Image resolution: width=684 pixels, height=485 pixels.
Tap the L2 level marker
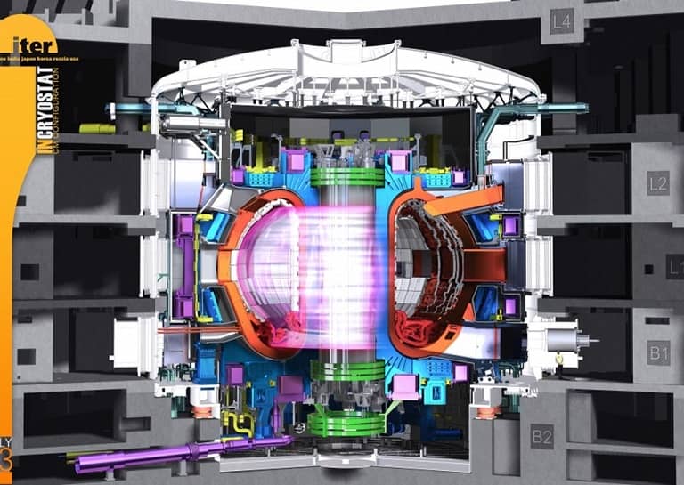657,184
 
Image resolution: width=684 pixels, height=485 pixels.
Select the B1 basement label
657,353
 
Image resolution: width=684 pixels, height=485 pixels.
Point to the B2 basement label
542,436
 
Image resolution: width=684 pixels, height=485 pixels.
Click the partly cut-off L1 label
676,265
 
